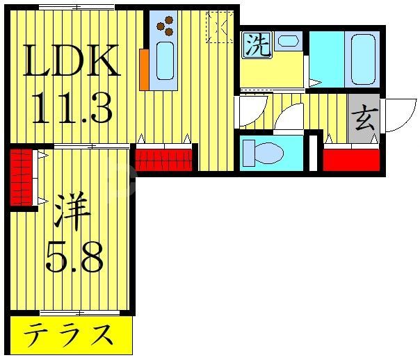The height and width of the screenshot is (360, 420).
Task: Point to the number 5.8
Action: pos(74,258)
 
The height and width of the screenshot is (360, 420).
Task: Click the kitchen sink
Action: pos(165,60)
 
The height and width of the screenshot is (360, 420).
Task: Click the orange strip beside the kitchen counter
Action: pos(144,69)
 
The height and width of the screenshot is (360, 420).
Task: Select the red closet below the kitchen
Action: pos(162,160)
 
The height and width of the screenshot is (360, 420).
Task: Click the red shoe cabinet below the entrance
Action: pos(351,159)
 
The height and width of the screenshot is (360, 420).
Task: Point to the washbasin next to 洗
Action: pos(287,41)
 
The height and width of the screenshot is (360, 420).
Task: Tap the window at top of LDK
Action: pos(76,6)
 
